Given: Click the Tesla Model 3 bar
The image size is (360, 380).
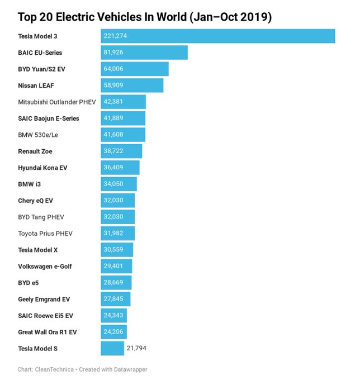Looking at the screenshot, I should (x=218, y=36).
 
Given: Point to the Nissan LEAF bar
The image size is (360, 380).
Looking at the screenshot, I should (x=132, y=85).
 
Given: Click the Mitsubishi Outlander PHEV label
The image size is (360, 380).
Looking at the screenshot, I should (x=57, y=102).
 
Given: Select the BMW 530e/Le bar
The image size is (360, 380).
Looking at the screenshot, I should (x=123, y=135).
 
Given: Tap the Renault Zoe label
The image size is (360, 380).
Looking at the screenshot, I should (x=35, y=151).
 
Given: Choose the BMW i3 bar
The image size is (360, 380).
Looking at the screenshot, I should (x=119, y=184).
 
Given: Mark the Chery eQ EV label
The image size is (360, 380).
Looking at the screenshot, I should (x=36, y=201).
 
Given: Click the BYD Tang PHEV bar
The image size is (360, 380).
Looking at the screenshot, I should (x=118, y=217).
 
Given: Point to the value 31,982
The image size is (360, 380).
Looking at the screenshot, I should (x=113, y=234).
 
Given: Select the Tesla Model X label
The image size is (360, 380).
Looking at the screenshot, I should (x=38, y=250).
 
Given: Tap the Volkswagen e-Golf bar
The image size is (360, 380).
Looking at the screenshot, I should (x=117, y=266).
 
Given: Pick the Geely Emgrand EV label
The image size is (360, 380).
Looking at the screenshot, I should (x=44, y=299).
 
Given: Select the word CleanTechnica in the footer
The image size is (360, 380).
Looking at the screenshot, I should (x=55, y=369).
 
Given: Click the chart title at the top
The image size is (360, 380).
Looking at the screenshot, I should (x=145, y=17).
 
